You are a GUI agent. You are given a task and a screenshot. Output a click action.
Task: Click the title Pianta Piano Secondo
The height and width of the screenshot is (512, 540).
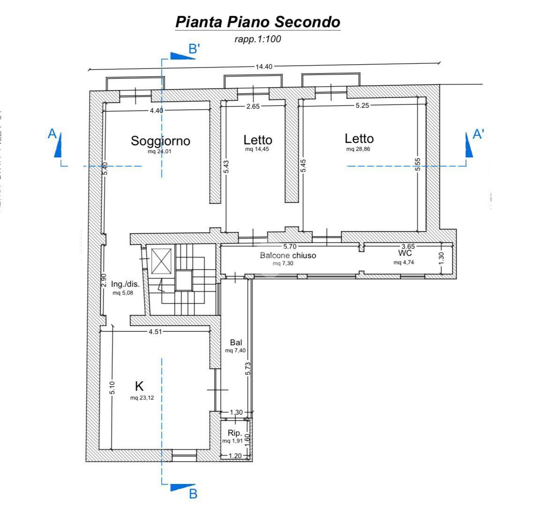click(257, 22)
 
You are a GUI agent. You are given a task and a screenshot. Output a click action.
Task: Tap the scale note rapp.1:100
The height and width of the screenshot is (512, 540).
click(257, 39)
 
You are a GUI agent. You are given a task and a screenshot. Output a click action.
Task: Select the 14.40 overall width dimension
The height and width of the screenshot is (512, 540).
click(263, 67)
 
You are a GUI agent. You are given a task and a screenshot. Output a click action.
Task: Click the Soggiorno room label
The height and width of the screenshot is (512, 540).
click(160, 141)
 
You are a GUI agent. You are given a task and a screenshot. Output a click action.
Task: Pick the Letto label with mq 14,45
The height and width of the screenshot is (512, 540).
click(257, 140)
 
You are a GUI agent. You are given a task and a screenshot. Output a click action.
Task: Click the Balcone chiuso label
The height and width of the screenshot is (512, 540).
click(288, 255)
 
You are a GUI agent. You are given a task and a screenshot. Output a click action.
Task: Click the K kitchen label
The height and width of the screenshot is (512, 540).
click(139, 386)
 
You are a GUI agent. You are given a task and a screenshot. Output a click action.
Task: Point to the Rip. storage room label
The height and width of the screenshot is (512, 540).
click(235, 433)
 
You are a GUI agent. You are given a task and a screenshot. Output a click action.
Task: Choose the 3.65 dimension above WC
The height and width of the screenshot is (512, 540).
click(408, 246)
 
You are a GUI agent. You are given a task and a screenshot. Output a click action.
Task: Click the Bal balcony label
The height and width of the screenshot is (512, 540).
click(236, 342)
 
